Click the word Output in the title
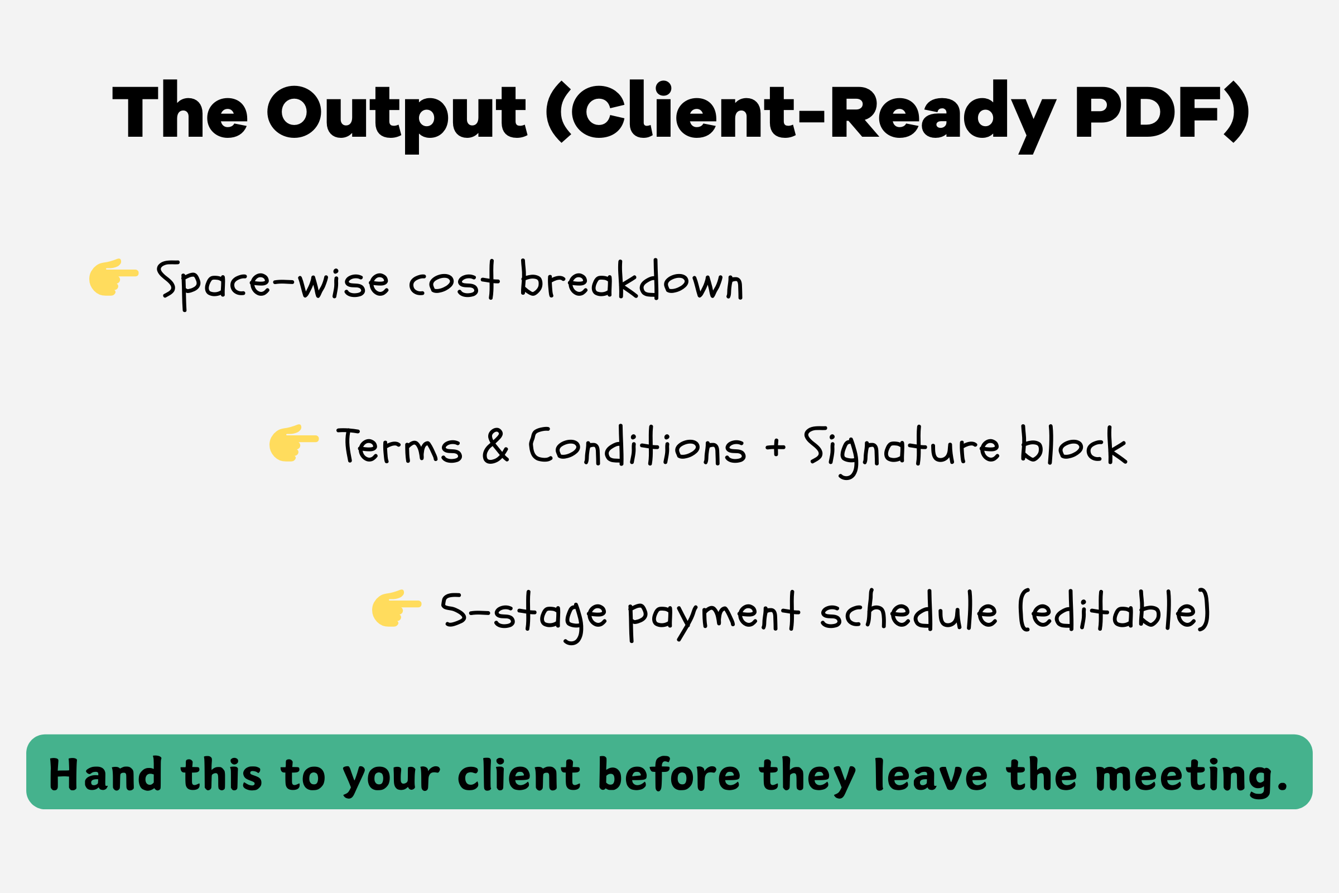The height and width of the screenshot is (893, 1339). (x=397, y=116)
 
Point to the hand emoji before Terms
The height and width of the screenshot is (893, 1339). (x=294, y=443)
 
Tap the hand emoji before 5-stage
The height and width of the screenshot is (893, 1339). (x=397, y=608)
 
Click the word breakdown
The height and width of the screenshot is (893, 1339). (x=632, y=280)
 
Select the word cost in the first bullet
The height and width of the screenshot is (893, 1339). (x=454, y=281)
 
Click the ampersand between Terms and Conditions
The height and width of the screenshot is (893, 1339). (x=495, y=446)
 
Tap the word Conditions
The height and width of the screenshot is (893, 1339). (x=637, y=445)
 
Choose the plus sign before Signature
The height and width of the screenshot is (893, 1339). (x=776, y=447)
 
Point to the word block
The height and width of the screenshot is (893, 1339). (x=1073, y=444)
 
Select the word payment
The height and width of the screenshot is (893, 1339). (x=714, y=616)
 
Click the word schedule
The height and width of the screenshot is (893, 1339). (x=909, y=610)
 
